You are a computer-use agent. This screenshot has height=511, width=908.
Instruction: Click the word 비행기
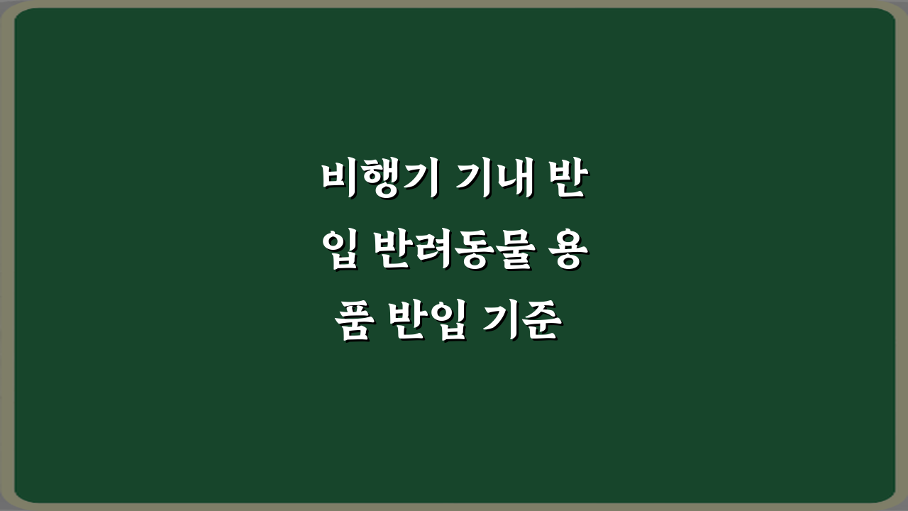[x=377, y=180]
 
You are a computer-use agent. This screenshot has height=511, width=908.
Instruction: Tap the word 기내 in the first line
[x=490, y=180]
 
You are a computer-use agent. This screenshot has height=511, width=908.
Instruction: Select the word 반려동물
[x=445, y=253]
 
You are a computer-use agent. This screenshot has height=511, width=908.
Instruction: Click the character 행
[x=377, y=180]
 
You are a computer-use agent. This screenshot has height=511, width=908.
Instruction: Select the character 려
[x=426, y=253]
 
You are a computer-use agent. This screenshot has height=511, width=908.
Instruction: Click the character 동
[x=464, y=253]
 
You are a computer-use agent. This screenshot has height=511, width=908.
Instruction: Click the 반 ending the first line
[x=564, y=180]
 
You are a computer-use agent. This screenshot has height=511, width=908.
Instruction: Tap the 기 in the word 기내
[x=471, y=180]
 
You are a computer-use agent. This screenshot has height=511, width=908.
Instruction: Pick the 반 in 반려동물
[x=387, y=253]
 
